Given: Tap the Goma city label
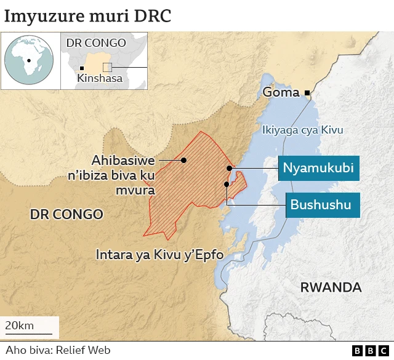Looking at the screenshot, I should [281, 92].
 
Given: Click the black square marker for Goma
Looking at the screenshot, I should [307, 93].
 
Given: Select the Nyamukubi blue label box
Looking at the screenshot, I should [318, 168].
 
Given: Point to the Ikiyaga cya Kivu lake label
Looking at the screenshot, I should [302, 130].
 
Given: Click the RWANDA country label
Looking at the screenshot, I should [331, 287].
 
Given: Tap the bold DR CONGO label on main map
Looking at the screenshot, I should [66, 214].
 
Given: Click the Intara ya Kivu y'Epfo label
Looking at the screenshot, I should [159, 254].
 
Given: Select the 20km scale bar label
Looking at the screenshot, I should [20, 326].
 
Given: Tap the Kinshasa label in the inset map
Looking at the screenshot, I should [99, 78].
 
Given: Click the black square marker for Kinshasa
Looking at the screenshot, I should [82, 68].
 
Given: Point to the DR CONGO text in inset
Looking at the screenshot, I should [95, 43].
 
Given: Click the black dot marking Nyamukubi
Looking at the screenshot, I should [228, 168].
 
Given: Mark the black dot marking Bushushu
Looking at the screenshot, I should [227, 184].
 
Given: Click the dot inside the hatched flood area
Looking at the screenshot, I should [183, 160].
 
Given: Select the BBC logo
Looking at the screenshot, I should [366, 350].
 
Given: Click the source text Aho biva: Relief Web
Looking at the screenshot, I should [50, 350].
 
